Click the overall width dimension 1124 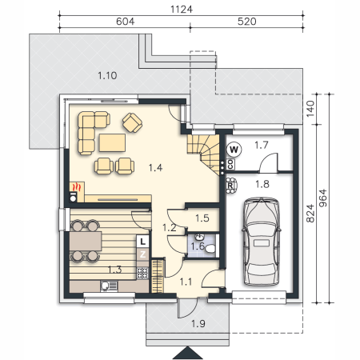182,10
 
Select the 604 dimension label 125,22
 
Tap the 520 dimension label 246,22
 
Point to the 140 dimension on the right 310,109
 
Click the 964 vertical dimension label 322,198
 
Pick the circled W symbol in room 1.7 234,150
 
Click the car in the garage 261,242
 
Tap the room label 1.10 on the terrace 107,76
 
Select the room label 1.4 155,168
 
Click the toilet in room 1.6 210,249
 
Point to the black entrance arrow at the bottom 187,353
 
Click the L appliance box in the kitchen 142,242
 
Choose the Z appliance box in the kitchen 142,254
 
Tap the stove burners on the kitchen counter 142,273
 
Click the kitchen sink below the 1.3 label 109,286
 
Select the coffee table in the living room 112,142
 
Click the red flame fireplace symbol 76,186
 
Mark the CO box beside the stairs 230,164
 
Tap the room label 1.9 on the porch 198,323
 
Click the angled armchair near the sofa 132,122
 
